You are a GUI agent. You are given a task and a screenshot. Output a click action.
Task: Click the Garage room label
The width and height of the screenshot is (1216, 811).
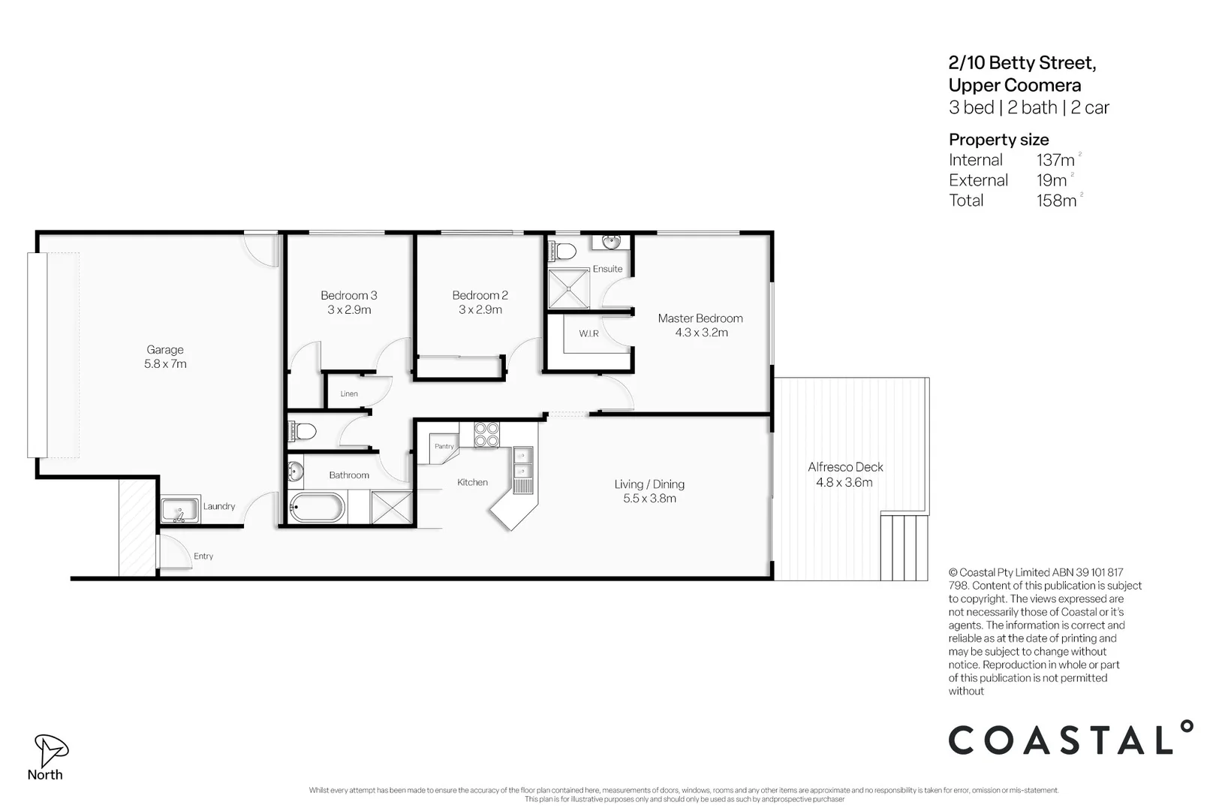point(165,350)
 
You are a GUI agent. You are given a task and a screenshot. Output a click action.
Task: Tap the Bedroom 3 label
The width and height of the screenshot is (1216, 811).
point(348,296)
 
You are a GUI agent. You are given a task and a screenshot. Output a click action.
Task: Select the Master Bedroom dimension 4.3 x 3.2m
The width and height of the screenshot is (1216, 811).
point(701,333)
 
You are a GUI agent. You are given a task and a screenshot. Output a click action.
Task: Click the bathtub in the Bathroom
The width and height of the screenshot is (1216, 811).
point(317,508)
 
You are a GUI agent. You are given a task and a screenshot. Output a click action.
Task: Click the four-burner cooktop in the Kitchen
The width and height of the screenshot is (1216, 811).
point(486,434)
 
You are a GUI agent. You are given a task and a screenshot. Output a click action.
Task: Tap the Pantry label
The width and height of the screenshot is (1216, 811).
point(444,446)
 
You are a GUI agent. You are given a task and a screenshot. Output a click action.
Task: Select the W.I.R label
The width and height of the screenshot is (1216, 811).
point(588,333)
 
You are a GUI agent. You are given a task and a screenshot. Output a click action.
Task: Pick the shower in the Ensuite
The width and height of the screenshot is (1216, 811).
point(569,288)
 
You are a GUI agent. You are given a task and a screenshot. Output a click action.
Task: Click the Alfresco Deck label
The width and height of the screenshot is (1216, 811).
point(845,467)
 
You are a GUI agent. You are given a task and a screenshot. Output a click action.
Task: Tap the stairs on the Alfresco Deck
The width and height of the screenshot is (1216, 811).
point(904,546)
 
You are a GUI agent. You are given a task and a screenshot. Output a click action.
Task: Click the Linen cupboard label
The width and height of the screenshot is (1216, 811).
point(349,393)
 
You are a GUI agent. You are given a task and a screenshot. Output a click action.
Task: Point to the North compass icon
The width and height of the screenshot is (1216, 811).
point(50,749)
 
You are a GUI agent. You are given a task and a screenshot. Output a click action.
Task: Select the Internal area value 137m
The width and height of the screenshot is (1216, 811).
point(1056,160)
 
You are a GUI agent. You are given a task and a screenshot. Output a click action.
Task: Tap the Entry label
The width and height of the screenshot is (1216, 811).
point(203,556)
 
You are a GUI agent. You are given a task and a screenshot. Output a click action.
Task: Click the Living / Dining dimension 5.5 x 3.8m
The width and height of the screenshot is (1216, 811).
point(649,499)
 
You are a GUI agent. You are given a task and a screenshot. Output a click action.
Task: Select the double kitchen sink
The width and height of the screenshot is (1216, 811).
point(522,463)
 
